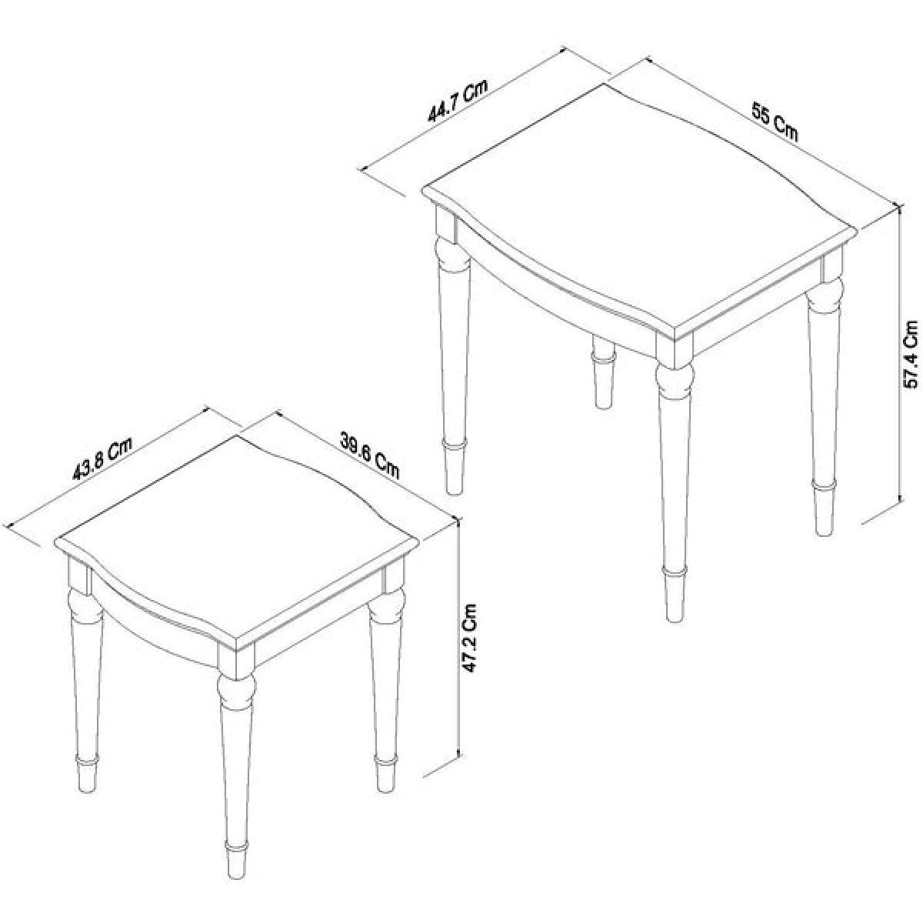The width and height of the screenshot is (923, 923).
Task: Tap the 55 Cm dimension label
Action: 774,124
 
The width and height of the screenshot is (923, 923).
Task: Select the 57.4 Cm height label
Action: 910,355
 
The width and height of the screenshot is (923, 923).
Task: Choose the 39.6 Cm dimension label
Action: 369,455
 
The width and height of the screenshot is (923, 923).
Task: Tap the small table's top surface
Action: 238,544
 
